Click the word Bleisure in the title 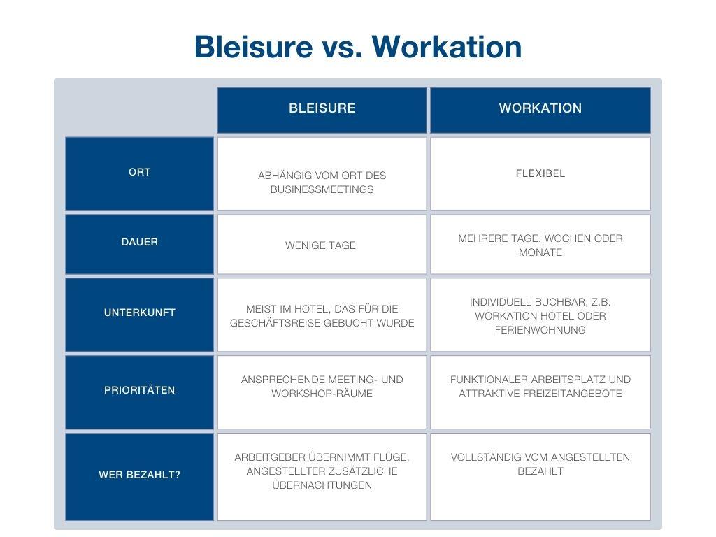click(x=253, y=47)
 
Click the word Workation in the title click(x=447, y=47)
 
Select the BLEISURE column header click(x=322, y=108)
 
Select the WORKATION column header click(x=540, y=108)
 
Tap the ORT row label click(x=139, y=172)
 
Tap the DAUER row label click(x=139, y=242)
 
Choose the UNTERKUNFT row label click(x=139, y=313)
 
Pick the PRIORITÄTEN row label click(x=139, y=390)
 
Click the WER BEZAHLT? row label click(x=139, y=475)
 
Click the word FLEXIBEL click(x=540, y=173)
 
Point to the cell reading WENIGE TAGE click(x=320, y=245)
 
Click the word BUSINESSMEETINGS click(x=322, y=189)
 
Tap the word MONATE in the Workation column click(x=540, y=252)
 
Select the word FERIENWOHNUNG click(x=540, y=330)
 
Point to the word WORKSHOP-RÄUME click(x=322, y=394)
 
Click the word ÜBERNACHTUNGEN click(x=322, y=485)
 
